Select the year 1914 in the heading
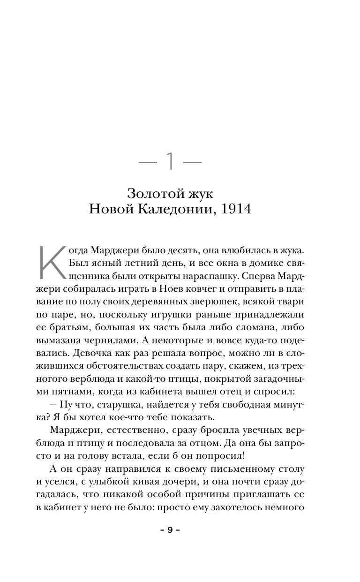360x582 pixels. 238,209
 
